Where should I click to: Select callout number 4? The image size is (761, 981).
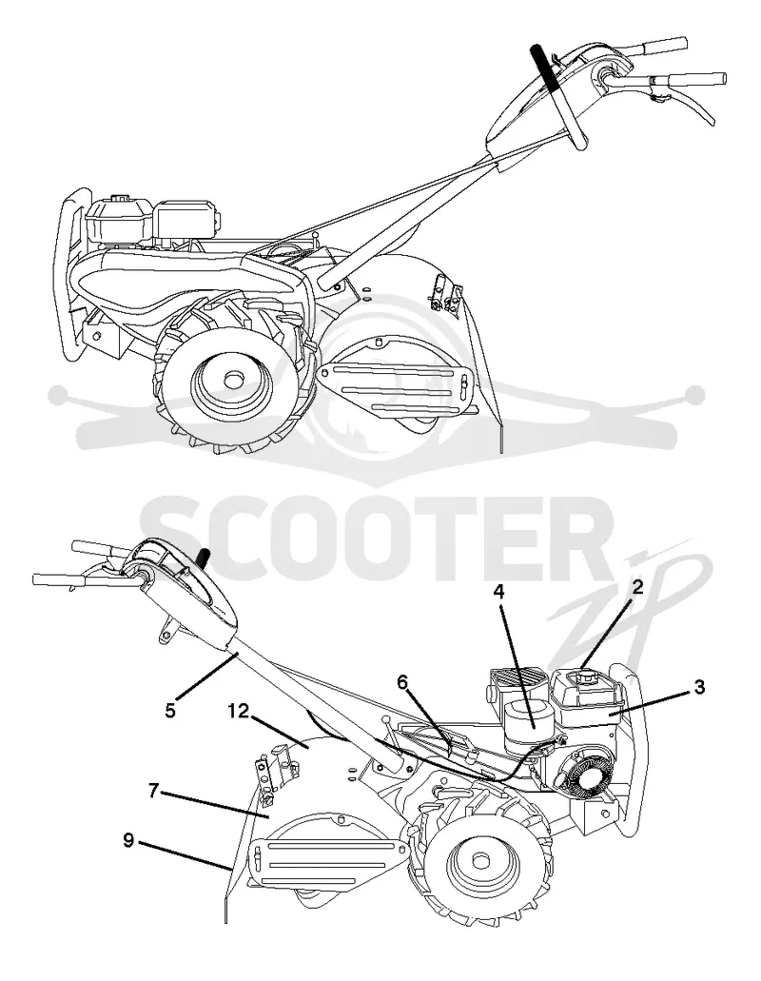click(498, 591)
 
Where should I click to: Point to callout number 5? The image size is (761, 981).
click(170, 711)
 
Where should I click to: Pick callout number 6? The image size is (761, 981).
click(402, 681)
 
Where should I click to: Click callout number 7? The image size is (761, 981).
click(153, 790)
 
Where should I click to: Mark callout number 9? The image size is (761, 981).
click(128, 840)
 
